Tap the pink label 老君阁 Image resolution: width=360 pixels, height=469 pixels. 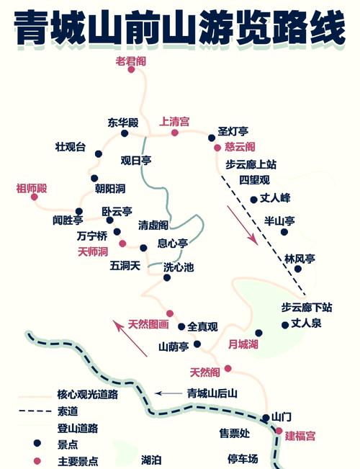pyautogui.click(x=130, y=61)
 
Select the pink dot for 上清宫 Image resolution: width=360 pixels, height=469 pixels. pyautogui.click(x=174, y=133)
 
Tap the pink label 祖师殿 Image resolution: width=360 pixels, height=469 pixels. pyautogui.click(x=31, y=188)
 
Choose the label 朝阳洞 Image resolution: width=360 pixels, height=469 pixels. pyautogui.click(x=110, y=189)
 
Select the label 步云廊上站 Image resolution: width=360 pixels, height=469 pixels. pyautogui.click(x=251, y=164)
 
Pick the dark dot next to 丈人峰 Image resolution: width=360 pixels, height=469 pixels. pyautogui.click(x=253, y=200)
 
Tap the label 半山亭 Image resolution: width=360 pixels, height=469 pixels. pyautogui.click(x=280, y=220)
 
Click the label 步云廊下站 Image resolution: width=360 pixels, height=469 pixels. pyautogui.click(x=306, y=308)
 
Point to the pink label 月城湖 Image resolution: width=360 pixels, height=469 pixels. pyautogui.click(x=243, y=344)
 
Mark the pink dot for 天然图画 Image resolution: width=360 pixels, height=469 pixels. pyautogui.click(x=170, y=313)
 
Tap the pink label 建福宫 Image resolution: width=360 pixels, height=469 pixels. pyautogui.click(x=300, y=436)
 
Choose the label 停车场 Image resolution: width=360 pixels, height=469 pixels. pyautogui.click(x=243, y=458)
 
